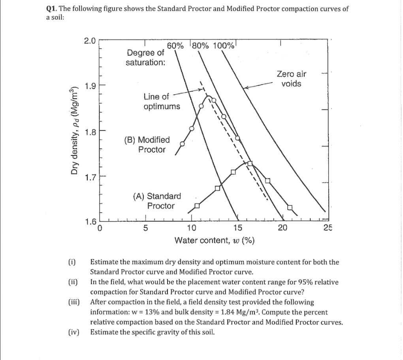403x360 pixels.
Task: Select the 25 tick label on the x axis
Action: click(328, 227)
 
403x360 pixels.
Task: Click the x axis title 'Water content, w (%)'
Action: click(215, 240)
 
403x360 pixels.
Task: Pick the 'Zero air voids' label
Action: click(291, 79)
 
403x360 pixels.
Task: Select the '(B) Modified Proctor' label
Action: click(147, 144)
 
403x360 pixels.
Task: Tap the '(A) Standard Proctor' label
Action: click(157, 201)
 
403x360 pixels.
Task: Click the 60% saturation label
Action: click(175, 45)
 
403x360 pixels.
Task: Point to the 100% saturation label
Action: click(224, 45)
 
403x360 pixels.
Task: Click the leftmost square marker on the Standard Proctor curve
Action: click(196, 205)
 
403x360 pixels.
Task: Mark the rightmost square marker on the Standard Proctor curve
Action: click(290, 207)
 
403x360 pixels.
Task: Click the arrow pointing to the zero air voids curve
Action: click(258, 86)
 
